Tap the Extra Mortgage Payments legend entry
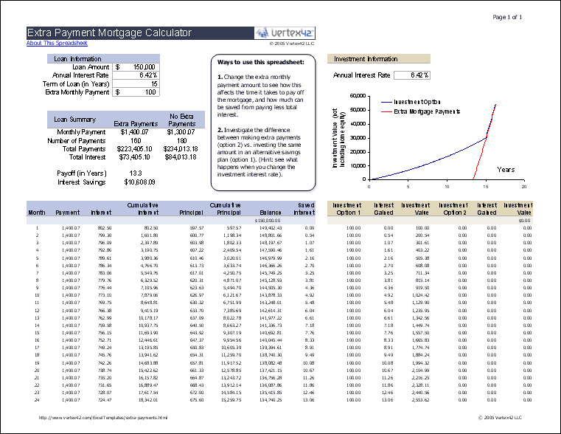pos(427,111)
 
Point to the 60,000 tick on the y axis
pos(356,96)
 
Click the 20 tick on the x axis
pos(523,187)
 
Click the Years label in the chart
pos(506,170)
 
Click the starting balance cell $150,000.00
pos(268,220)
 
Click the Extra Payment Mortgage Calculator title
pos(110,33)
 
